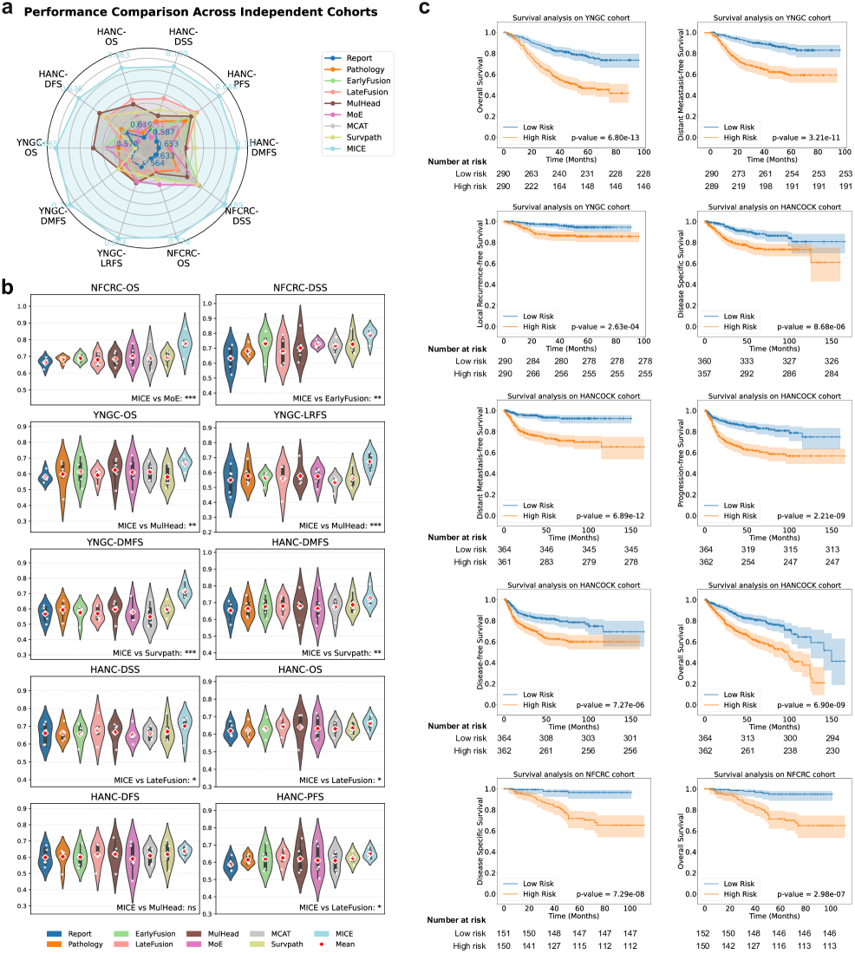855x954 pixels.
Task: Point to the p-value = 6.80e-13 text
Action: click(x=605, y=137)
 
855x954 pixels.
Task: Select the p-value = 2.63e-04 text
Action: click(x=605, y=327)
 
